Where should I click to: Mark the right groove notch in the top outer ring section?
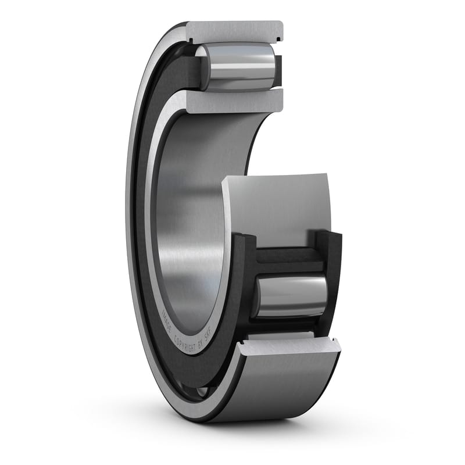coord(279,40)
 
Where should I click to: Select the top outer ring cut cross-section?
coord(235,31)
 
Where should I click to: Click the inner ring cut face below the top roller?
coord(235,101)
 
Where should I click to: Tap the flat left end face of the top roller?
coord(201,67)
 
